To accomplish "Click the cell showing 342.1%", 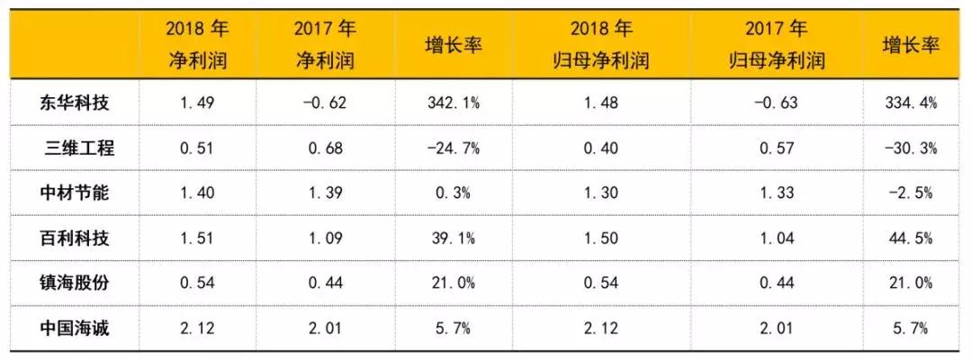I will click(454, 103).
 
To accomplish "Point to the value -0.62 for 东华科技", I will click(325, 103).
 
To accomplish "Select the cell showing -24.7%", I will click(454, 148).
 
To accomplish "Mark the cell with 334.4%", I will click(911, 103).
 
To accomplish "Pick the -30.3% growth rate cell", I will click(911, 148).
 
